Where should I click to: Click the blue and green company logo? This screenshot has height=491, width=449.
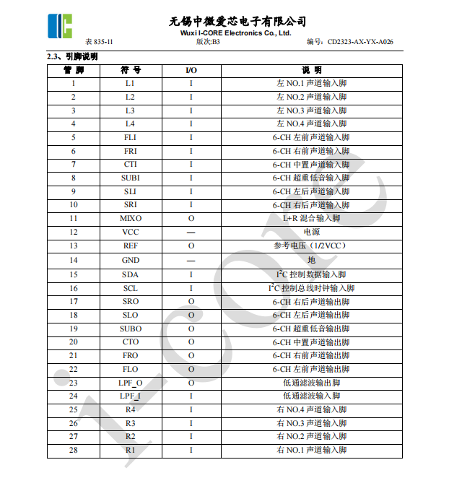click(x=61, y=26)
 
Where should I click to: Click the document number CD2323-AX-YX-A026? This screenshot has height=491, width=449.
click(x=359, y=42)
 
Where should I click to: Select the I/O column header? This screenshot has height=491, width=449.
click(x=191, y=70)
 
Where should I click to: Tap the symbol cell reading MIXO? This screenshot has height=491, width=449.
click(x=131, y=218)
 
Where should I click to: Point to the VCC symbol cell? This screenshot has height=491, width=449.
click(x=131, y=232)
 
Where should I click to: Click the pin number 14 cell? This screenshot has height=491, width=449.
click(x=73, y=260)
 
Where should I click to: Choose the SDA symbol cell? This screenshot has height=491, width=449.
click(x=131, y=274)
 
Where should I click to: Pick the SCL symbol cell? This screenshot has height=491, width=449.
click(x=131, y=288)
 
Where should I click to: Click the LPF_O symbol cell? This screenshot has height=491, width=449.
click(x=131, y=383)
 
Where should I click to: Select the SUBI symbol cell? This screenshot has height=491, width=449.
click(x=131, y=178)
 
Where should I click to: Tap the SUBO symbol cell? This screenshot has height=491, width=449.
click(x=131, y=329)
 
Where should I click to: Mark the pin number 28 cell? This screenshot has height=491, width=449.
click(x=73, y=450)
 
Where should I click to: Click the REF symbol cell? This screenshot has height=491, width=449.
click(x=131, y=245)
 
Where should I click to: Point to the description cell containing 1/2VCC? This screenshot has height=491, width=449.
click(x=311, y=245)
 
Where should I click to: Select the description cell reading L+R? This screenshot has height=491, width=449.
click(x=311, y=218)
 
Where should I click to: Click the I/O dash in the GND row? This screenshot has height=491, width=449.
click(x=191, y=260)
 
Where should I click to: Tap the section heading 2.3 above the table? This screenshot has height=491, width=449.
click(x=72, y=56)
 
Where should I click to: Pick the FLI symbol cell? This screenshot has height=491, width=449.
click(x=131, y=137)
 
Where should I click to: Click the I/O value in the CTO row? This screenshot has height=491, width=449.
click(x=191, y=342)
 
